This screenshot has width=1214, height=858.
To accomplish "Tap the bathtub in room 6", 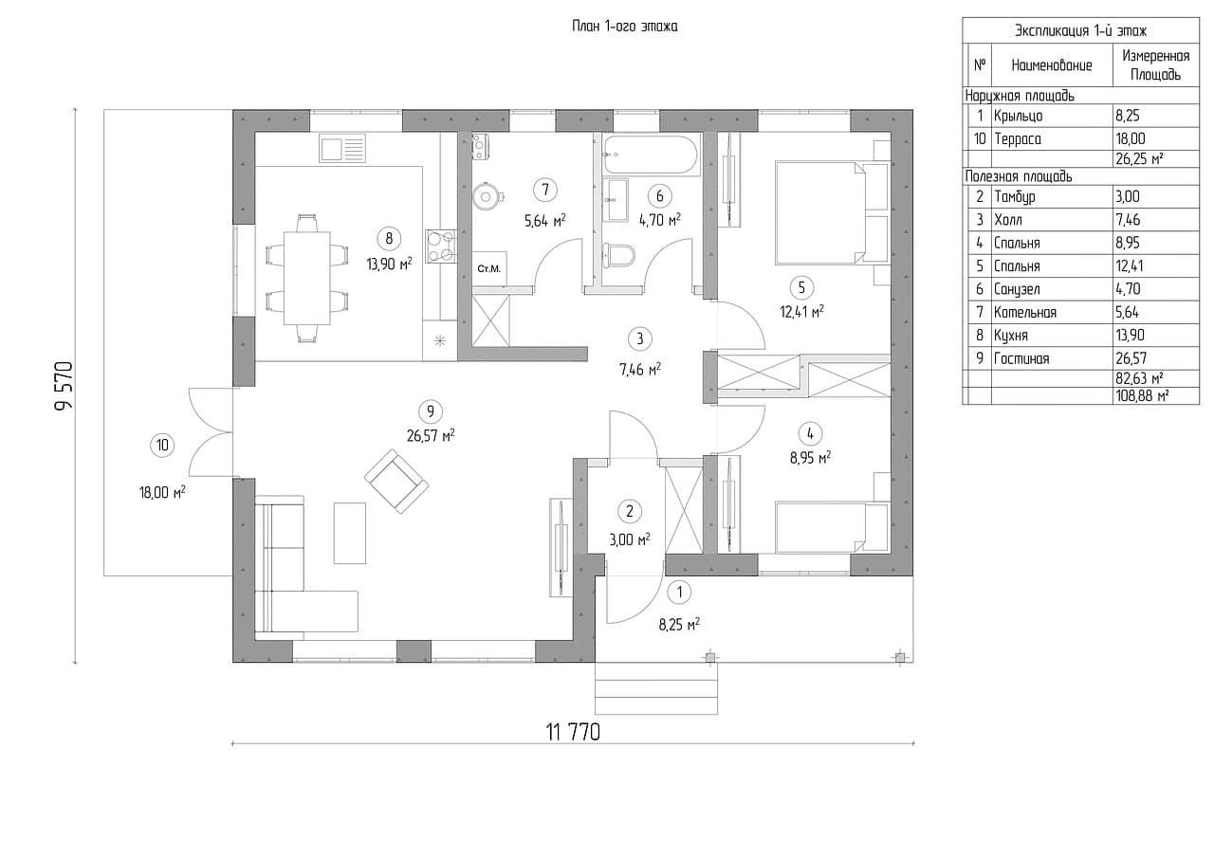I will pos(651,151).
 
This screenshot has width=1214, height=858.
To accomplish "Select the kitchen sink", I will pos(342,149).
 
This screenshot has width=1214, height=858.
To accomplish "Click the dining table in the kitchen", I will pos(306,278).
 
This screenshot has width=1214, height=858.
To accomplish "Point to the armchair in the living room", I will pos(397,481).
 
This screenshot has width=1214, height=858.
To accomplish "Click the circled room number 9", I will pos(431,411).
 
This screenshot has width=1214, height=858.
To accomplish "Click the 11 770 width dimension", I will pos(573,732).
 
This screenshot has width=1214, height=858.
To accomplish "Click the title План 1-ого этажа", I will pos(625,27).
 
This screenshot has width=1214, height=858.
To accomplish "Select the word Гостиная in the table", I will pos(1021,358).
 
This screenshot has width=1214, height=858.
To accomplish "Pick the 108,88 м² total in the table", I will pos(1142,395).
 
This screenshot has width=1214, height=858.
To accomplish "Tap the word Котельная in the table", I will pos(1024,312).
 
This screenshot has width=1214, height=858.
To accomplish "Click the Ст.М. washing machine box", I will pos(489,269).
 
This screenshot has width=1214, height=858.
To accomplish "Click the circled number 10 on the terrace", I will pos(161,445).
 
